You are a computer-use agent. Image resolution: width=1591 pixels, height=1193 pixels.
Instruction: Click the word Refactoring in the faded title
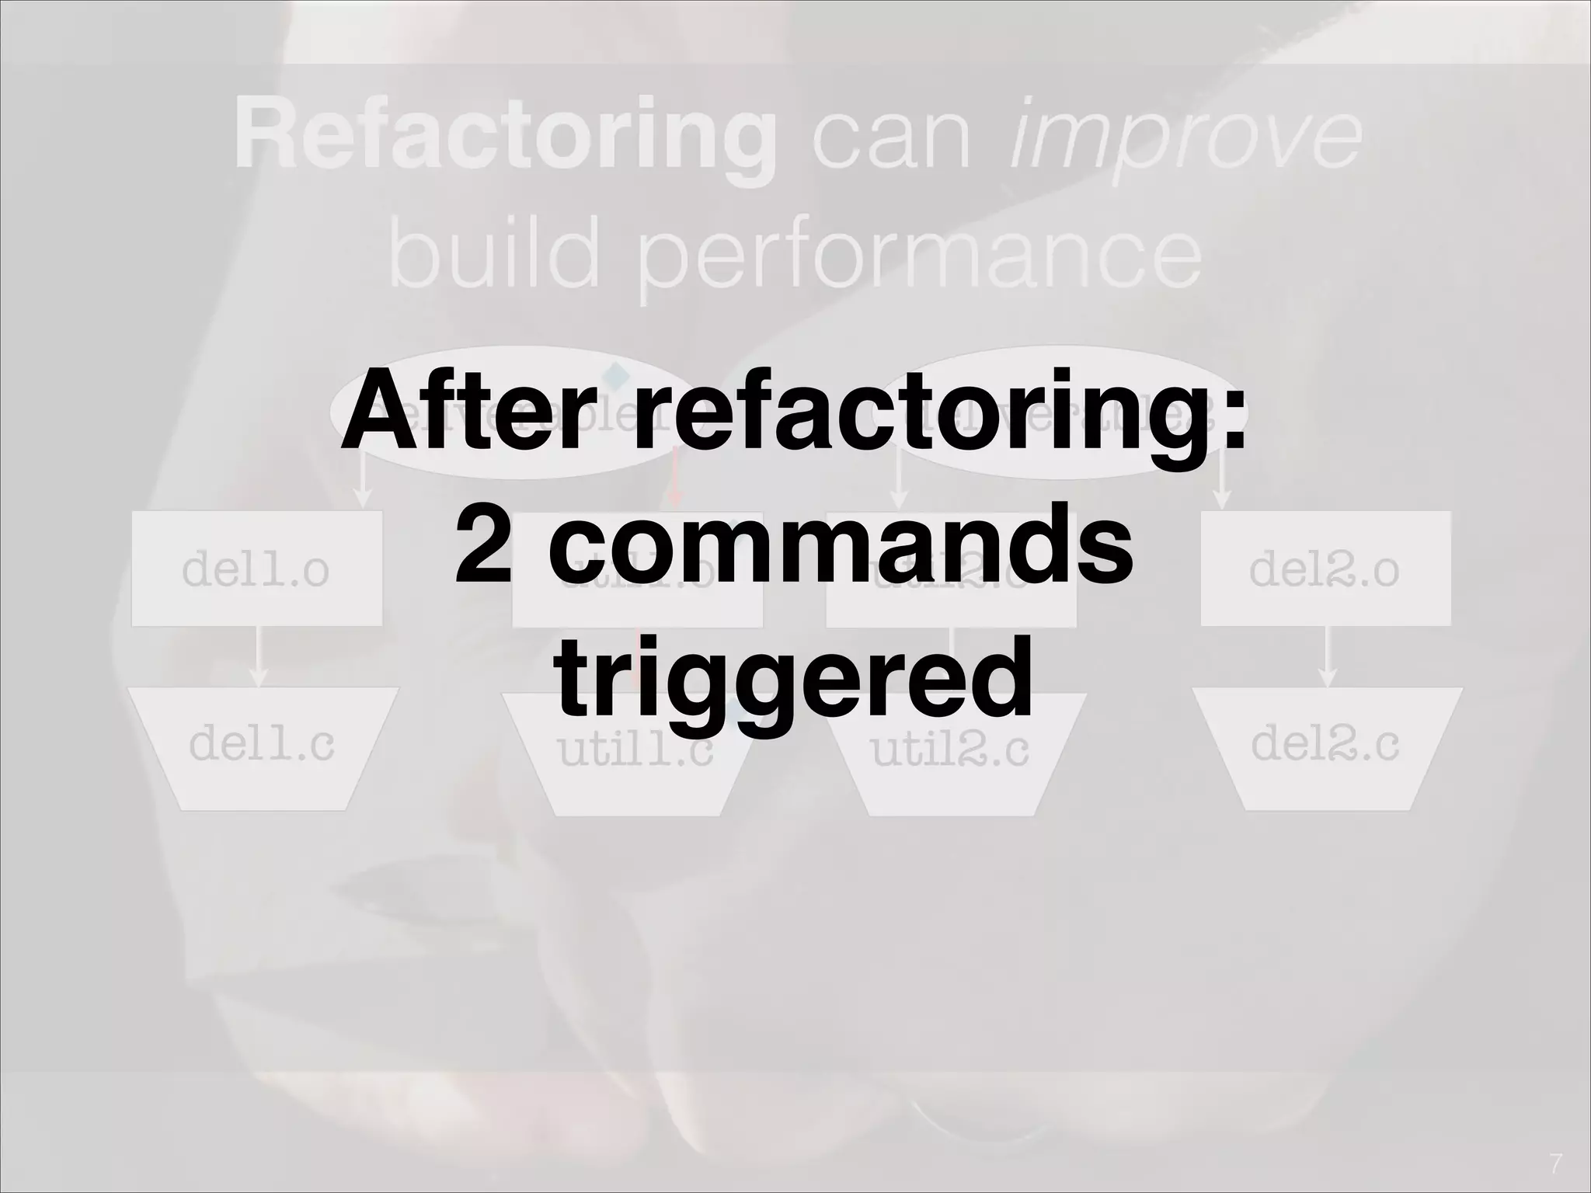click(x=505, y=140)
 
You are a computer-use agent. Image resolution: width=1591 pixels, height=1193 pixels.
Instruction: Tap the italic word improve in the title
click(x=1185, y=140)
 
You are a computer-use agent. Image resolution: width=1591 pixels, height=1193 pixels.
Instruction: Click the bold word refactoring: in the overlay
click(x=940, y=419)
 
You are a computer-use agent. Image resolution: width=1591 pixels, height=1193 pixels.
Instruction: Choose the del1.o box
click(x=256, y=569)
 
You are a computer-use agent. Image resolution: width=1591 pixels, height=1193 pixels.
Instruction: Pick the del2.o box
click(x=1325, y=569)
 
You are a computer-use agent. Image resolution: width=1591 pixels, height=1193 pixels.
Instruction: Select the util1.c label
click(x=635, y=752)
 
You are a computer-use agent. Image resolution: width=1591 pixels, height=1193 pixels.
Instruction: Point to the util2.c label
click(x=949, y=752)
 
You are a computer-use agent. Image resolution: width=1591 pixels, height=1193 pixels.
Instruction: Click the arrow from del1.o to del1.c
click(x=258, y=656)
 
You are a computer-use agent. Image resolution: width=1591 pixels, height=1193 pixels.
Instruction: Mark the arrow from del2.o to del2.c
click(x=1328, y=656)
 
